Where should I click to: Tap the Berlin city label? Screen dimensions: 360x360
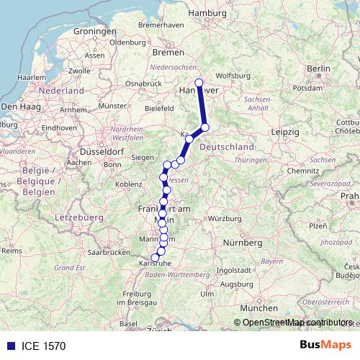point(318,68)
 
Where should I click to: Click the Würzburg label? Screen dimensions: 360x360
point(221,217)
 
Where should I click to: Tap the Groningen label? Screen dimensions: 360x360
point(94,32)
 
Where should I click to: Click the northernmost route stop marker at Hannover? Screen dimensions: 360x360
point(199,83)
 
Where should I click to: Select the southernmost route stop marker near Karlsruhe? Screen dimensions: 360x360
point(155,258)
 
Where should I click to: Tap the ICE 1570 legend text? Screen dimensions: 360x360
point(44,346)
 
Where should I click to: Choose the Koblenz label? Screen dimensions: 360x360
point(128,184)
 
